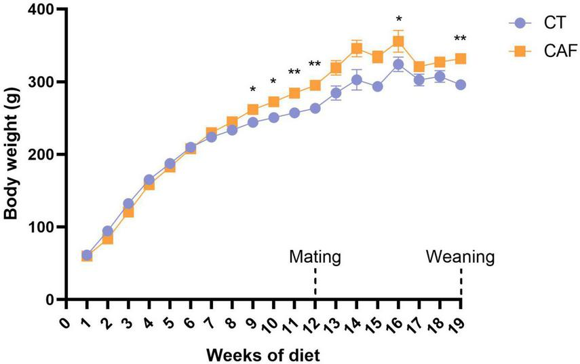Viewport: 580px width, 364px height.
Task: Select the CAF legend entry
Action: tap(536, 50)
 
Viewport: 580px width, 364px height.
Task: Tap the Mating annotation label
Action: tap(315, 257)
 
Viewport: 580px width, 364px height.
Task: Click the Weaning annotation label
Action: tap(461, 257)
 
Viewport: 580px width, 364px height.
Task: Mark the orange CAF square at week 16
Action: tap(398, 41)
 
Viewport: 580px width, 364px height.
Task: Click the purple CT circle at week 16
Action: tap(398, 65)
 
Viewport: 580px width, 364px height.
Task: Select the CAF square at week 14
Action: tap(357, 49)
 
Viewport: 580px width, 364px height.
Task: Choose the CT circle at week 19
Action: tap(461, 85)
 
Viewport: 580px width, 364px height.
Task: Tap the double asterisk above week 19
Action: tap(461, 38)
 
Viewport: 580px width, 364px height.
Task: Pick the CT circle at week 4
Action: tap(149, 180)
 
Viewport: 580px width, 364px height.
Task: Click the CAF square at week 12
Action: tap(315, 86)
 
